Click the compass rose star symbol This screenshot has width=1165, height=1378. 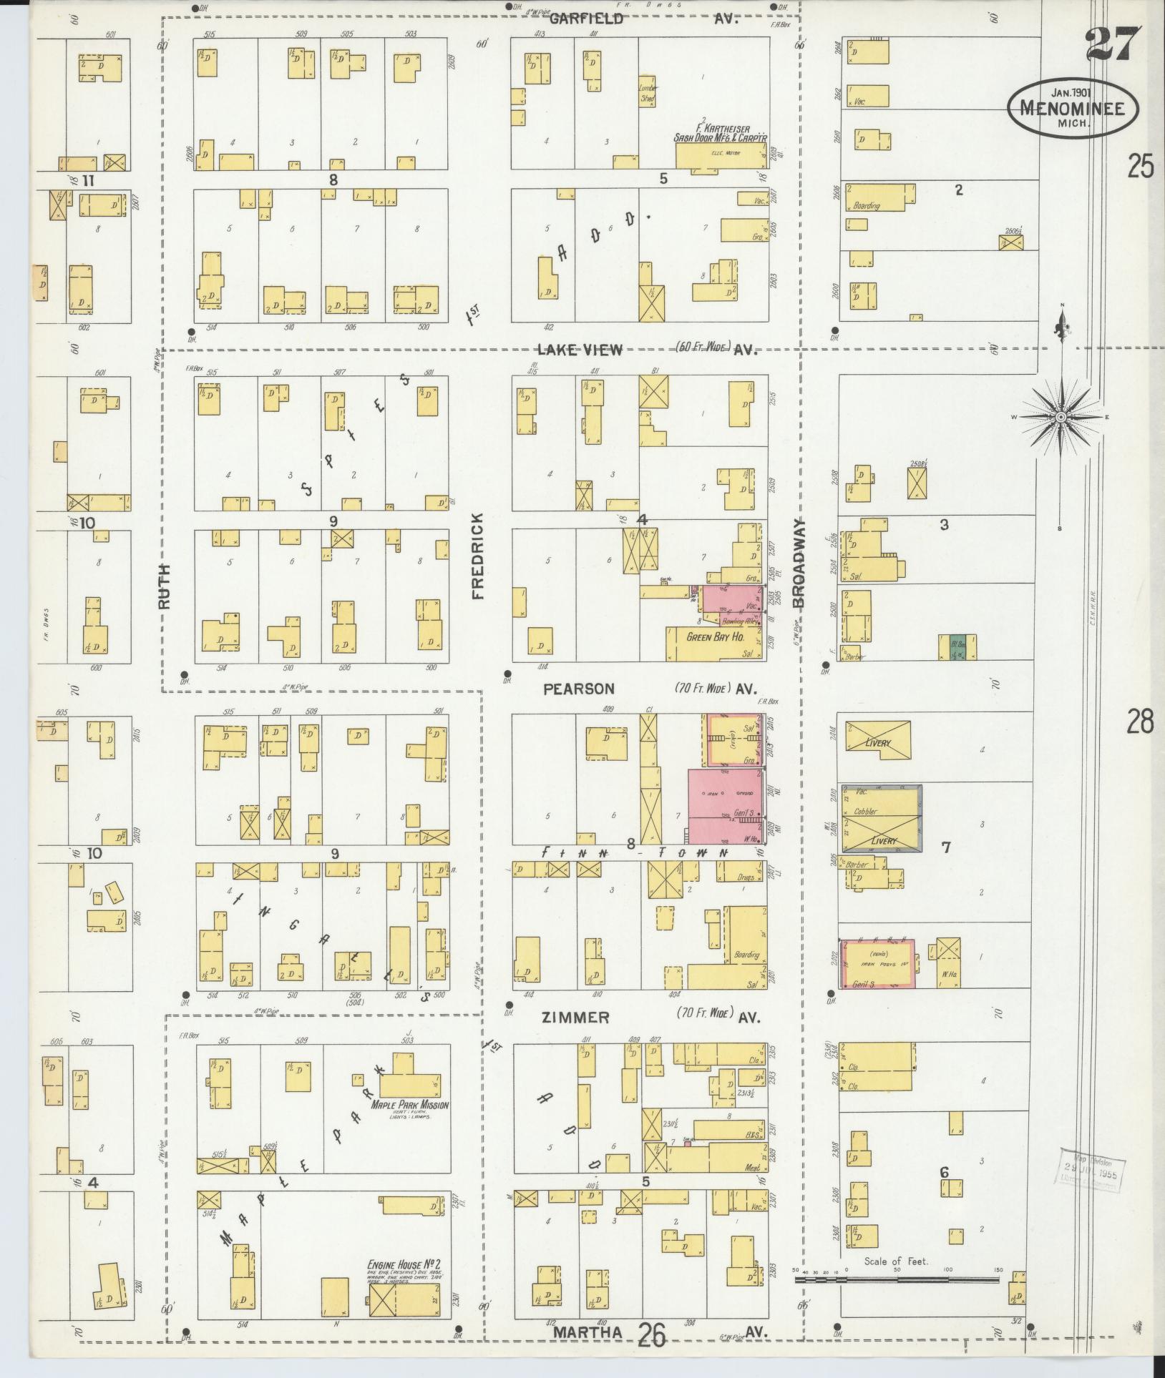tap(1061, 417)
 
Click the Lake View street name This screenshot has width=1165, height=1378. tap(590, 350)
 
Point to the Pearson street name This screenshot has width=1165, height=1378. tap(578, 689)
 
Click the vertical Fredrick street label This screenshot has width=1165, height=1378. tap(478, 556)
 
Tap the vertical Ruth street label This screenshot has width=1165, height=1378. tap(164, 586)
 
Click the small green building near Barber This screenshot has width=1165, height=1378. tap(957, 646)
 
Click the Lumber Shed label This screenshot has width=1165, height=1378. tap(648, 93)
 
